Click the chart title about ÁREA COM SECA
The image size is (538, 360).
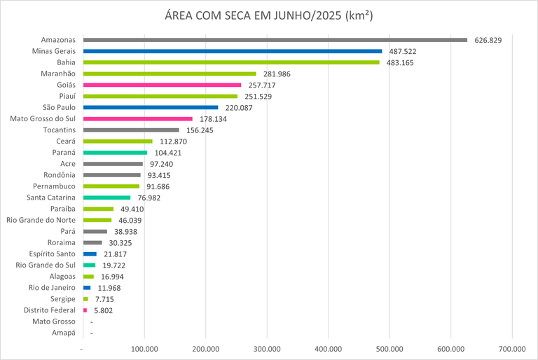(269, 17)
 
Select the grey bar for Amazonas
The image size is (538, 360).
(275, 40)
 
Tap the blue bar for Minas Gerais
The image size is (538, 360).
(233, 51)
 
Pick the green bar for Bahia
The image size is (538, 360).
(231, 62)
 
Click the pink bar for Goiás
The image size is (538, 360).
(162, 85)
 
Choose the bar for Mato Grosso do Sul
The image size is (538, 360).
(137, 119)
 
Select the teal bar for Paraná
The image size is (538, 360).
(115, 153)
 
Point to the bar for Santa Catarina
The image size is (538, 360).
(106, 198)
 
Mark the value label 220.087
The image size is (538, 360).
(237, 108)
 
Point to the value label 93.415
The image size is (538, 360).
(160, 175)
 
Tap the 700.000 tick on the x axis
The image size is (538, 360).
(511, 348)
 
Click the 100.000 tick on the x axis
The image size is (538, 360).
(144, 348)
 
